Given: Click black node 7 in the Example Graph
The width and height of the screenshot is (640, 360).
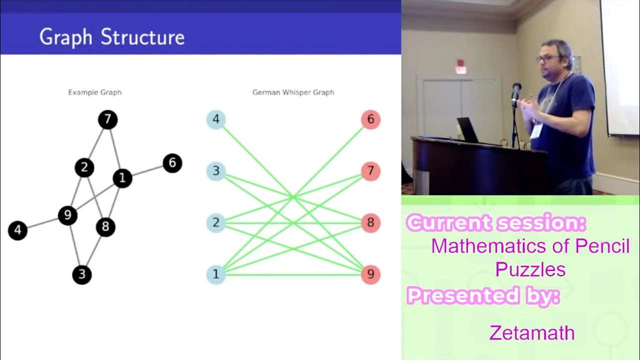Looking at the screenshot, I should [x=107, y=120].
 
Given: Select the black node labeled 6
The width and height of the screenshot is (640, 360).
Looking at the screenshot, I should [x=172, y=163].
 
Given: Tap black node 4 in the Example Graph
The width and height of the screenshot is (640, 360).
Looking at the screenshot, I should [x=17, y=230].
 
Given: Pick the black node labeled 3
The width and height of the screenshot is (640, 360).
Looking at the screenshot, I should [x=82, y=274].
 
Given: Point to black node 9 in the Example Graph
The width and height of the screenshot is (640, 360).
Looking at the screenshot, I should [x=67, y=215].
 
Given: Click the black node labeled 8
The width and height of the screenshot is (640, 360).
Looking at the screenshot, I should [x=105, y=227].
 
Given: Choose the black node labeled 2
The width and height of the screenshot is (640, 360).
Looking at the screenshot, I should [x=84, y=167].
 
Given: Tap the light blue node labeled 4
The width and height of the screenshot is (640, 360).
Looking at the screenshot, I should [x=216, y=119].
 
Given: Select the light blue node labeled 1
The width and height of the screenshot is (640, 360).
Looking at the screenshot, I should [x=216, y=274].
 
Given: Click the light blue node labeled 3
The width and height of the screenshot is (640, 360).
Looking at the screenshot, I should [x=216, y=171].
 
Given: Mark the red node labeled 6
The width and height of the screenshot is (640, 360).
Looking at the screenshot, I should [x=370, y=119].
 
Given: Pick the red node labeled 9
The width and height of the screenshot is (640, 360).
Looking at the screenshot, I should [x=370, y=274].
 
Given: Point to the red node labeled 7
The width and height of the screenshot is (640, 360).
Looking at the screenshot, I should [x=370, y=171].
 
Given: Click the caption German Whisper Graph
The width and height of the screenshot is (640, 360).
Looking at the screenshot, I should [x=293, y=92].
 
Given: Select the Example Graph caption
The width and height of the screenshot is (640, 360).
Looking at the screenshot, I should [x=94, y=92].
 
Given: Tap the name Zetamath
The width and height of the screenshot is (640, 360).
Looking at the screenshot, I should [x=532, y=332].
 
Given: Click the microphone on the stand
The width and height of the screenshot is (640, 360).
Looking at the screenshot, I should [x=516, y=90].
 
